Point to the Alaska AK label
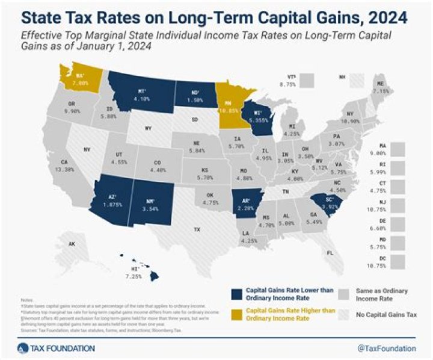coord(72,244)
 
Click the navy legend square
coord(235,294)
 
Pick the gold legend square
coord(235,312)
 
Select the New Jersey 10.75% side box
coord(396,206)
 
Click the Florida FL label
coord(329,253)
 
